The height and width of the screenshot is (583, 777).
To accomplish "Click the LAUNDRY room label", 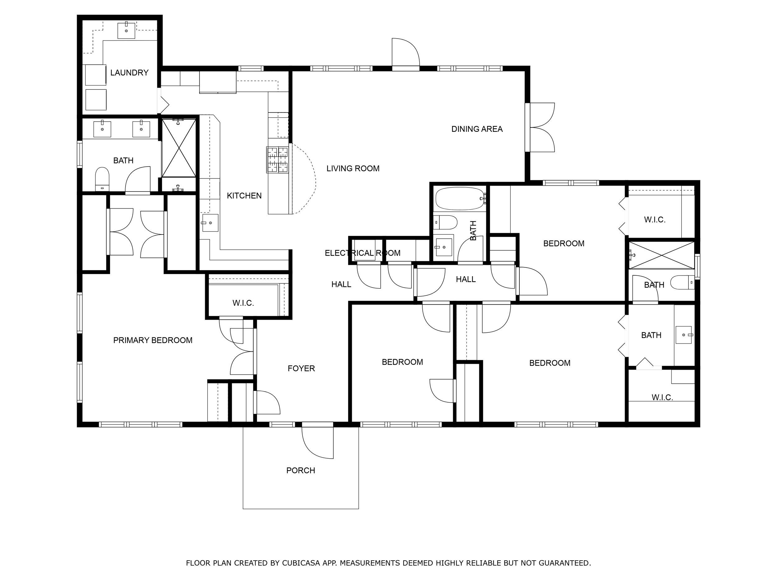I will [129, 73].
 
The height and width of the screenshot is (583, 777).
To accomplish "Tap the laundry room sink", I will [126, 30].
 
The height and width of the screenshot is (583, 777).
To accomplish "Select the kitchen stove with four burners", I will [278, 160].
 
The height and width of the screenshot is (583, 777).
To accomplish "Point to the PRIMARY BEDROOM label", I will [153, 340].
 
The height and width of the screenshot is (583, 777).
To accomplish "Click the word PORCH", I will [300, 470].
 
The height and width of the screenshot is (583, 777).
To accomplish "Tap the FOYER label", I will [301, 368].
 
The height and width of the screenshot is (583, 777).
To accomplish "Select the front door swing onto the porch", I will [317, 442].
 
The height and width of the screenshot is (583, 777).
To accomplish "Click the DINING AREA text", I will [477, 129].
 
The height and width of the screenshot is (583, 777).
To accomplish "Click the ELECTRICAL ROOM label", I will [362, 253].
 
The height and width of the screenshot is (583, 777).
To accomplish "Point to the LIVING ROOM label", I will [353, 168].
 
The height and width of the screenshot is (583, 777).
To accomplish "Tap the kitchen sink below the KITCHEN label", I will [210, 223].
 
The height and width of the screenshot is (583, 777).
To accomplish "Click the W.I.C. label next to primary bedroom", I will [243, 303].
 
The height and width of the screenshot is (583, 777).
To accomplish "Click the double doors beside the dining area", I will [541, 127].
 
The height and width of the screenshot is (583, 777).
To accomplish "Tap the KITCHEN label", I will [244, 196].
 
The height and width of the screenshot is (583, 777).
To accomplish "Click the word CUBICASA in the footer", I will [301, 563].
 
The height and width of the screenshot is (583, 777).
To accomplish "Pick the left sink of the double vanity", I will [102, 129].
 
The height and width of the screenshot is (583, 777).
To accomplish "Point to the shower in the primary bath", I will [179, 148].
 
